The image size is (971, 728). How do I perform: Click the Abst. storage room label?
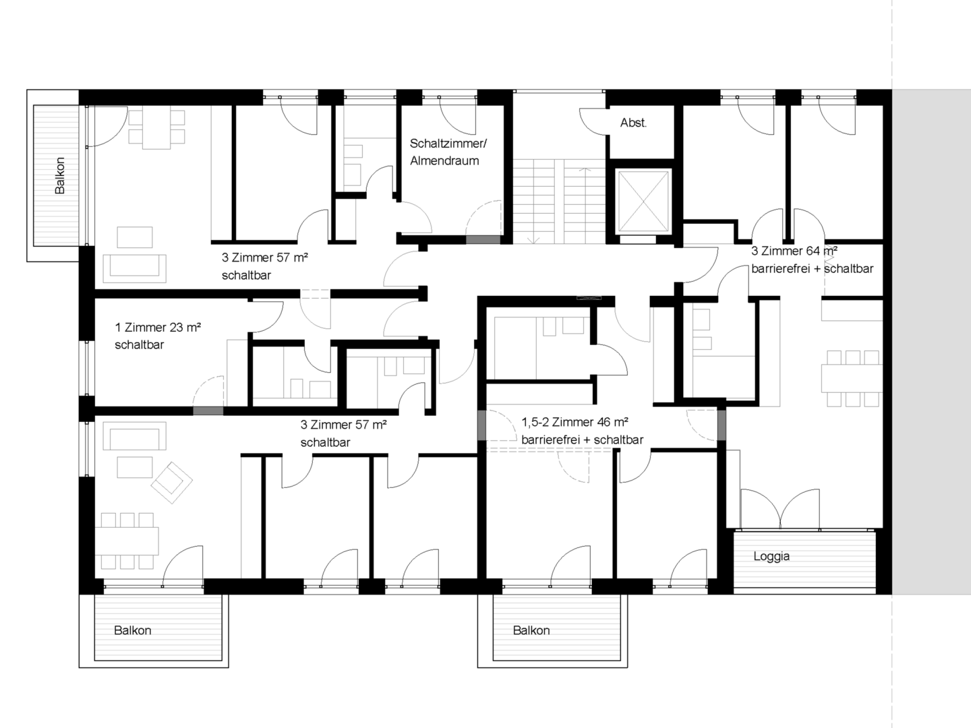coord(633,123)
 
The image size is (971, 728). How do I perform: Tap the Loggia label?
coord(771,556)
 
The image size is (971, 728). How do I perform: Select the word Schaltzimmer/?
coord(448,143)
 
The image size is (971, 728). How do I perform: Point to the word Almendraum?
coord(444,160)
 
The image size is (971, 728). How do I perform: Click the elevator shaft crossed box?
coord(643,201)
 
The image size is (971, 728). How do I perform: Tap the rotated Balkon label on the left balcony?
coord(60,175)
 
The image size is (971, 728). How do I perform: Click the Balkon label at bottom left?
coord(133,630)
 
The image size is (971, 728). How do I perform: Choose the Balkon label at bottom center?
coord(531,630)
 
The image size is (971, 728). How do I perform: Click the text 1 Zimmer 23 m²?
coord(158,328)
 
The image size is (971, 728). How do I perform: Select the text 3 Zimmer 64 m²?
coord(794,251)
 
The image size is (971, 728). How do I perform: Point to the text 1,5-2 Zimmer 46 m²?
coord(575,422)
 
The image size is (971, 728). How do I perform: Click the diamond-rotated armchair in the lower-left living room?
coord(172,483)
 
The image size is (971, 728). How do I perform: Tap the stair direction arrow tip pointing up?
coord(586,169)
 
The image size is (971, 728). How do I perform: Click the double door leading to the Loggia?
coord(780,509)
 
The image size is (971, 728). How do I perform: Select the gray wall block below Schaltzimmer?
coord(483,239)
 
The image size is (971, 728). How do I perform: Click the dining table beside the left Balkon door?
coord(156,129)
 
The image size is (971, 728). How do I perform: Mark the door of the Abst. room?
coord(593,121)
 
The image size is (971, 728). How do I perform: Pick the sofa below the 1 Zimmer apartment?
coord(135,436)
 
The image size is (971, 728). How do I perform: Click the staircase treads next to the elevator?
coord(559,202)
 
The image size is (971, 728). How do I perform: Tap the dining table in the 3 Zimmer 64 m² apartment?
coord(852,378)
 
